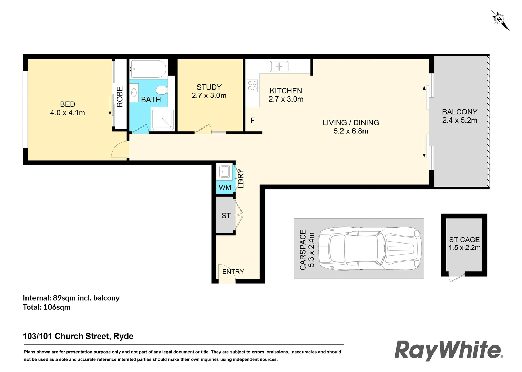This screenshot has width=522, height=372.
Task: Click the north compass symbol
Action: [500, 20]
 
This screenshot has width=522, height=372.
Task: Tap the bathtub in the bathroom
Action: [148, 69]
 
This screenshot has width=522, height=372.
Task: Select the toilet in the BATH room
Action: [161, 91]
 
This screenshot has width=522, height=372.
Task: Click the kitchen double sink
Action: [279, 66]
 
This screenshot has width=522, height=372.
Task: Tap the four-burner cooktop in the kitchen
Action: [252, 85]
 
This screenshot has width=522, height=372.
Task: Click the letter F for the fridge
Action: [253, 121]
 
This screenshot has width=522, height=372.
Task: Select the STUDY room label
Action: [209, 87]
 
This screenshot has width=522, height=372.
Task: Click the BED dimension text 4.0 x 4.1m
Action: [68, 113]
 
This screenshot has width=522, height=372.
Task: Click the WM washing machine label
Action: [225, 188]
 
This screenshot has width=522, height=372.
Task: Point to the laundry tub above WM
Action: [225, 172]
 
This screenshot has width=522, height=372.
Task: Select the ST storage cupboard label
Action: [226, 216]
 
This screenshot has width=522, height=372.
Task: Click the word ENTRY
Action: [233, 272]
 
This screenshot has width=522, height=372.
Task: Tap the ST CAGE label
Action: [464, 240]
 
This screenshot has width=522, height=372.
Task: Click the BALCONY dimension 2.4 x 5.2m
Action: [460, 121]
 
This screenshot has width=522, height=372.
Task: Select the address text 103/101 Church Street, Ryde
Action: [78, 336]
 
